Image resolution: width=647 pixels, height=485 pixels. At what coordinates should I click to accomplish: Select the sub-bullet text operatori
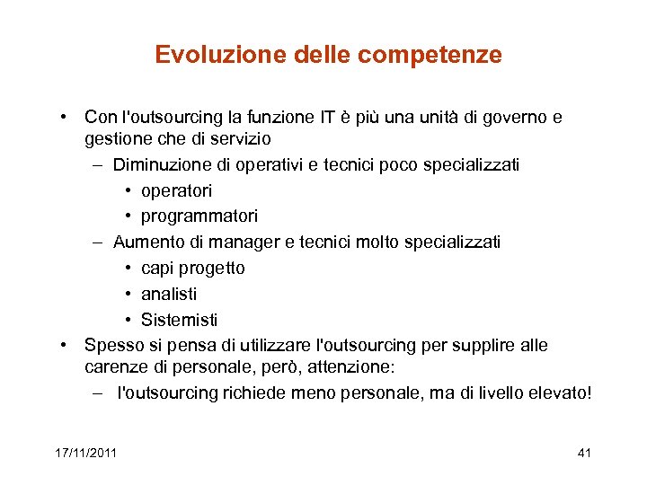click(176, 190)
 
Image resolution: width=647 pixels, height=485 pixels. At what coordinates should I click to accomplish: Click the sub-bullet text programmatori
click(199, 216)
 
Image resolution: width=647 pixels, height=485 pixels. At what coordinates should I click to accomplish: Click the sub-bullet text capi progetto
click(192, 269)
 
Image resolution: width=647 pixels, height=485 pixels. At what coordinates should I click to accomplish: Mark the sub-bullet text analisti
click(169, 294)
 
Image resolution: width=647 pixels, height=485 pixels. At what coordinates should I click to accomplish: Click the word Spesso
click(112, 346)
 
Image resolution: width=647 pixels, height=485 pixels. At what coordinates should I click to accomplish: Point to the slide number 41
click(584, 453)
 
